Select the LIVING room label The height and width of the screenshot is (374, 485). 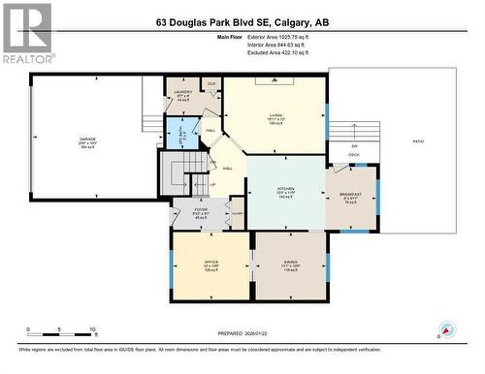(x=275, y=115)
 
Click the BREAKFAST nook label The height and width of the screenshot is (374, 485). (x=351, y=195)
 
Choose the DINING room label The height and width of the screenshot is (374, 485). (x=291, y=261)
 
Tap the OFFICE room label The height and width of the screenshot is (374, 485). (x=210, y=262)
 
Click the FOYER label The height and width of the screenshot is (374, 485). (x=201, y=209)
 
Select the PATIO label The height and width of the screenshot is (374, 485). (x=418, y=142)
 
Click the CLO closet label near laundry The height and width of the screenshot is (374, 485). (x=210, y=84)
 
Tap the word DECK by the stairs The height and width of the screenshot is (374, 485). (x=354, y=154)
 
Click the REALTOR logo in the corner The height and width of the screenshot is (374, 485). (x=26, y=33)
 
